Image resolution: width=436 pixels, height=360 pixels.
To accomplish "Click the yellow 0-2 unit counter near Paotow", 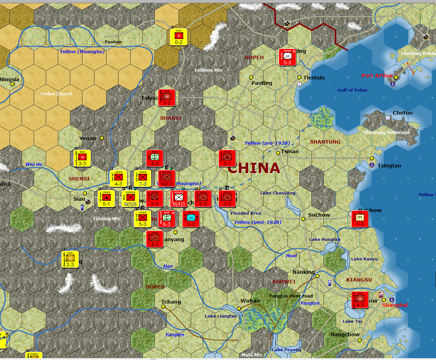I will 179,37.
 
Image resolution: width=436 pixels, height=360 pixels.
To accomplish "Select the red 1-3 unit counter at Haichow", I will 360,219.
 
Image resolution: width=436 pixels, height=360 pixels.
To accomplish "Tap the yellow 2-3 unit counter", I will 70,259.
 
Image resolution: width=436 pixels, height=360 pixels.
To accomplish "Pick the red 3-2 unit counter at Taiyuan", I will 167,98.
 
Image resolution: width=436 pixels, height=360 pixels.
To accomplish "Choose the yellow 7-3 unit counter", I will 143,178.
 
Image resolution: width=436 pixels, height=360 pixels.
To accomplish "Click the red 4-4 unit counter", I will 155,158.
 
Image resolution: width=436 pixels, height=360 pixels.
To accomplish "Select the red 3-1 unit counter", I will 227,158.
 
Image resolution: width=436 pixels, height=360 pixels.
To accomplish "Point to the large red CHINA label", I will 254,168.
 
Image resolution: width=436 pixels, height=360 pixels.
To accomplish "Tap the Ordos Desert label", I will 56,94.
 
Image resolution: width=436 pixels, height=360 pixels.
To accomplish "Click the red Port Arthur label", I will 377,76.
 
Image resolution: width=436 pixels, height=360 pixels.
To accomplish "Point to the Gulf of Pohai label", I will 352,90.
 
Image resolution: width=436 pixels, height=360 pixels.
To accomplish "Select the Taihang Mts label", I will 208,70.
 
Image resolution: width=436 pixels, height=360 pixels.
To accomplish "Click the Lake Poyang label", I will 287,350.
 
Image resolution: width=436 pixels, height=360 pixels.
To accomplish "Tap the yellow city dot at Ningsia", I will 13,84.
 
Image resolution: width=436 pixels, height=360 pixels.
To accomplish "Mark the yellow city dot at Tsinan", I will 278,153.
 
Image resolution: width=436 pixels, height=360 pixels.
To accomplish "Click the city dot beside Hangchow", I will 360,340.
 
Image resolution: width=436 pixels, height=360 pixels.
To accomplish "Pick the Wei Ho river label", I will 34,165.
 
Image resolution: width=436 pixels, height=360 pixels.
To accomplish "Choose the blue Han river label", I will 168,266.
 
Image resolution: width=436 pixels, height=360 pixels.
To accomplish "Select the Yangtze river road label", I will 291,296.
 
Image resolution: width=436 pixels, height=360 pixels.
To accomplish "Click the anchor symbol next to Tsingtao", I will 372,165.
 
